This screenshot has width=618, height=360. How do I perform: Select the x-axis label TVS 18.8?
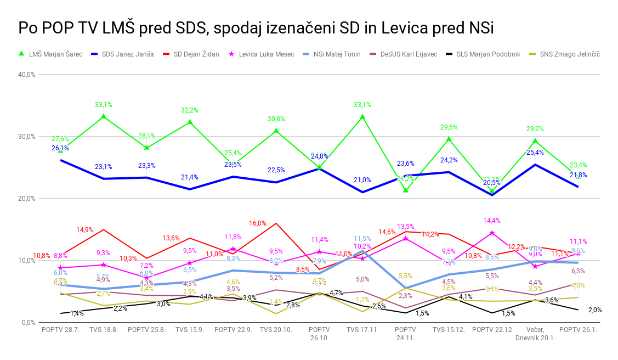104,330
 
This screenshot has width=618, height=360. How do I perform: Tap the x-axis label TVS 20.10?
276,330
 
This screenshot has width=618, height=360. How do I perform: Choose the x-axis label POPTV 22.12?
492,330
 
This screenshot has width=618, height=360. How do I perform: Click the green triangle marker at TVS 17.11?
362,117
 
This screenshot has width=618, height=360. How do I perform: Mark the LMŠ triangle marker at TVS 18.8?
104,117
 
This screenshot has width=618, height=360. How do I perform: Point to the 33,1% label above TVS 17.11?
362,105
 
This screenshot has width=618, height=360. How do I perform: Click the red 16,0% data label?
258,223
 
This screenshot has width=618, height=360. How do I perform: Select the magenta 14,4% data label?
492,221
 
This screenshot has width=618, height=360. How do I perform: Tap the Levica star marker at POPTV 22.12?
492,233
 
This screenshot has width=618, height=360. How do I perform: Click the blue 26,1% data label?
60,148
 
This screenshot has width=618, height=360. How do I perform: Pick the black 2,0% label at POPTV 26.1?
595,310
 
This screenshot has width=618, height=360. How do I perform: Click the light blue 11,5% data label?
362,239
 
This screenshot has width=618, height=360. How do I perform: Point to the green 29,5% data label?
449,127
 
